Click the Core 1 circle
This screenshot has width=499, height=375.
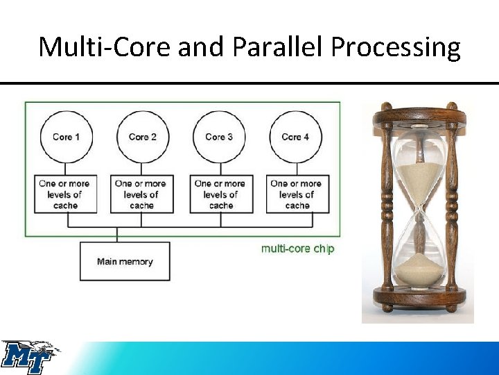66,137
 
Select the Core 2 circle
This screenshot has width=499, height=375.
142,137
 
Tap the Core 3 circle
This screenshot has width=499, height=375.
219,137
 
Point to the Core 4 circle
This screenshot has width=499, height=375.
296,137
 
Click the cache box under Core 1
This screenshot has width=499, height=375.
64,194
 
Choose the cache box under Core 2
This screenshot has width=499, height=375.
141,194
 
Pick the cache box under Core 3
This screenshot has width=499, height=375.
221,194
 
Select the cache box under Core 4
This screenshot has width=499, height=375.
297,194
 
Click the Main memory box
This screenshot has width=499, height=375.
125,262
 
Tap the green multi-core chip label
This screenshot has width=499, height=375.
297,248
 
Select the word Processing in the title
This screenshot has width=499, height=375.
395,47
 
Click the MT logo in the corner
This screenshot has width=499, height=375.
29,357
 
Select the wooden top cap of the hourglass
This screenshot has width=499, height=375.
417,111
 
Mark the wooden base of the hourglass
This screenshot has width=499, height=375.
417,300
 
